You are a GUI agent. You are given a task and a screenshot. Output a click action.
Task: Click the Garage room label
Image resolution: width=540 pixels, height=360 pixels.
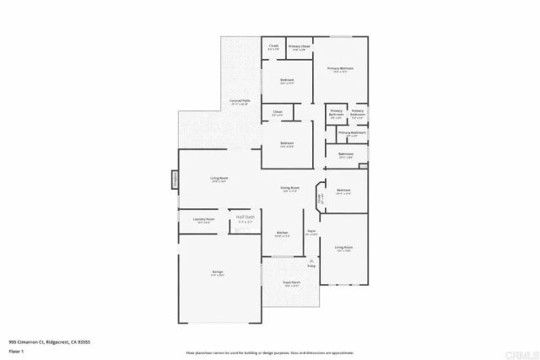pos(218,272)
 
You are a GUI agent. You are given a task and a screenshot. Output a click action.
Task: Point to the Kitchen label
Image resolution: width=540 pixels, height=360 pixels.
pos(283,234)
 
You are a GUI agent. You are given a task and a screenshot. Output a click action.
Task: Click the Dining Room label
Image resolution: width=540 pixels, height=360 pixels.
pos(290,189)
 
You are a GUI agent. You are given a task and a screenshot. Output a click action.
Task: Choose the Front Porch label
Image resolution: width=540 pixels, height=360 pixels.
pos(292,283)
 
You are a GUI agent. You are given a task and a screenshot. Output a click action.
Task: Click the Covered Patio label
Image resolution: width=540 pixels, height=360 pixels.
pos(240,101)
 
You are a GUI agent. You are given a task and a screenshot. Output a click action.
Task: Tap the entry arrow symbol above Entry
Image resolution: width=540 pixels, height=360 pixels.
pos(311,261)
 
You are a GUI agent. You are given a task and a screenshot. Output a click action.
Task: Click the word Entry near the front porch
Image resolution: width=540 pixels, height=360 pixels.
pos(311,267)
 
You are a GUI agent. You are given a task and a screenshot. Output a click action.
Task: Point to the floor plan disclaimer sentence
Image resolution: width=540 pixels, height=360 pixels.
pos(269,350)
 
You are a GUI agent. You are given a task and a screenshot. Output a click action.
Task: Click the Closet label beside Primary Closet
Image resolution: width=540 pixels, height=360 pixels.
pos(273,47)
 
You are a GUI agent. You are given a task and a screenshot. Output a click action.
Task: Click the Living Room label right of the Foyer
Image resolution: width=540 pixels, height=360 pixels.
pos(343,248)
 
